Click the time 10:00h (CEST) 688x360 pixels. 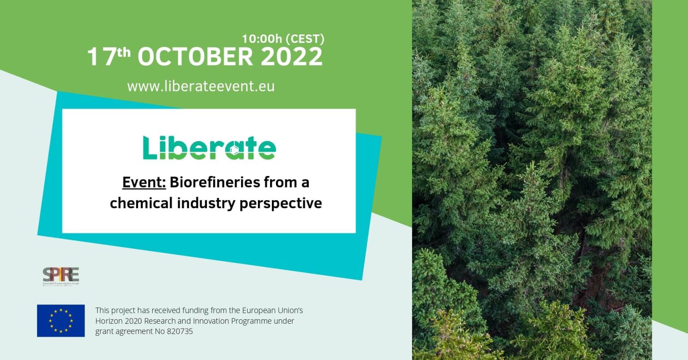[283, 39]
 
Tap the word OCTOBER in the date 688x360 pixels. [195, 57]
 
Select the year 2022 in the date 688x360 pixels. [292, 57]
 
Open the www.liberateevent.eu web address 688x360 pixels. [201, 86]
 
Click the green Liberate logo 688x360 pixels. [209, 148]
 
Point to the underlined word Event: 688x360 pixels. [144, 183]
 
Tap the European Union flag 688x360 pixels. [61, 321]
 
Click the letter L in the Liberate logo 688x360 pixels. [150, 148]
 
